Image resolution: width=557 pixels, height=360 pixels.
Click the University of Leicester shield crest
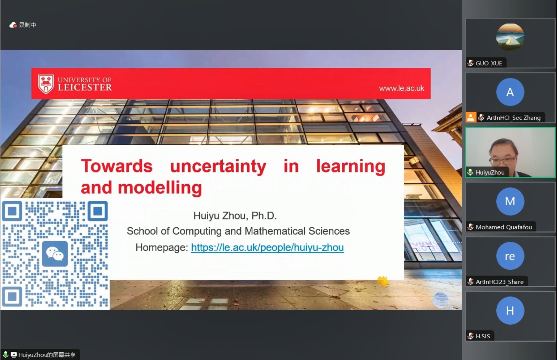(46, 84)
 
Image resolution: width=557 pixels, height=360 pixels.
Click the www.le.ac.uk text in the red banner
(402, 88)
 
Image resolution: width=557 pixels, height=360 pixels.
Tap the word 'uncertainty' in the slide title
(218, 167)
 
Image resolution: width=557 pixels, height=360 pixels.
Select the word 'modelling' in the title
(159, 188)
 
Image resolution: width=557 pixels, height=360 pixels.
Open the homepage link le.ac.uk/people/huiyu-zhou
(267, 247)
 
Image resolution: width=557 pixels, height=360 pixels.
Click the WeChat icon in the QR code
(55, 254)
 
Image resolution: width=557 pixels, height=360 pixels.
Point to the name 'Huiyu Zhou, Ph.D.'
(235, 216)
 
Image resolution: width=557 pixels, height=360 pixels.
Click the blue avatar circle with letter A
(510, 92)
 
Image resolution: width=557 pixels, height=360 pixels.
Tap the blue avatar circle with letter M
(510, 201)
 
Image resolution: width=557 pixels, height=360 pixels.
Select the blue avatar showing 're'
(510, 256)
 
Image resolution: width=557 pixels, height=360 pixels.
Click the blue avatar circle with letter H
(510, 310)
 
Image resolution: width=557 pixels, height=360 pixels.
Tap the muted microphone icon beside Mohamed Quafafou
(470, 227)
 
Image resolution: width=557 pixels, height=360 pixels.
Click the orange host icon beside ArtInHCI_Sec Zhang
(471, 117)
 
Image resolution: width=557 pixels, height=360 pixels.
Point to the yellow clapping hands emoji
(383, 281)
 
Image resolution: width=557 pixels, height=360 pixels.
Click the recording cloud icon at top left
(13, 25)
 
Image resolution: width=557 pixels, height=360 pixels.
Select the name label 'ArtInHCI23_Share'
(499, 282)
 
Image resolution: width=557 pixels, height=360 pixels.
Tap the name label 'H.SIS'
(483, 336)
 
